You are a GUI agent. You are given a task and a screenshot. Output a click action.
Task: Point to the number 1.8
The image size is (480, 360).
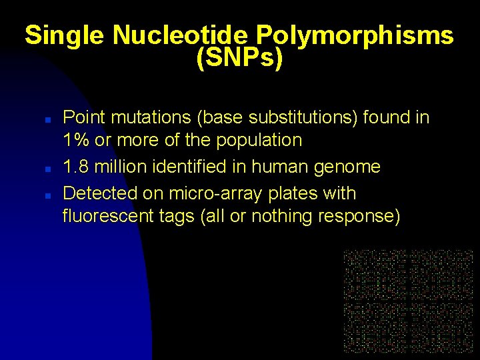point(76,167)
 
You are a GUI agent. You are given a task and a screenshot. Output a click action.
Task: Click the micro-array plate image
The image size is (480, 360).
point(409,301)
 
